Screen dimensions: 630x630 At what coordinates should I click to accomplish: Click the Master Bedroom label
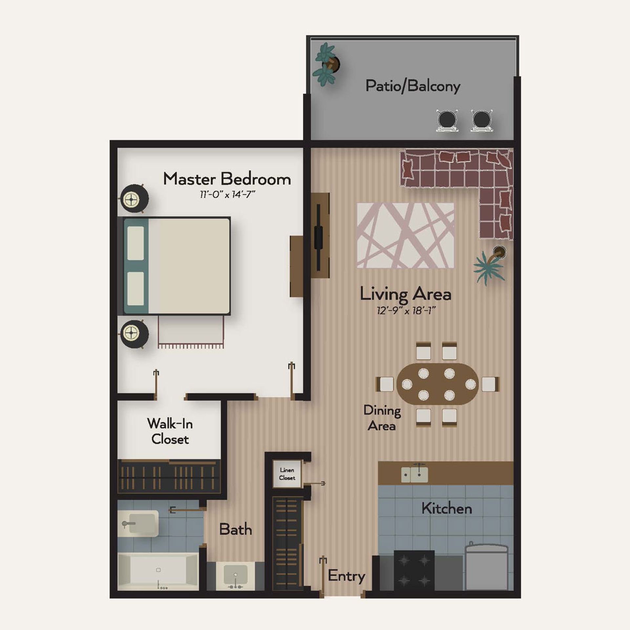(x=227, y=179)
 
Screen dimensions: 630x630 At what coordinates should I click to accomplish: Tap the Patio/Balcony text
(x=413, y=86)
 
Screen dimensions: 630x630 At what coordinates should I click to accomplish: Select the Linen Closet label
(x=287, y=474)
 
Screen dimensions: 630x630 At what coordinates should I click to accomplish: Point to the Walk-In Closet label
(x=170, y=431)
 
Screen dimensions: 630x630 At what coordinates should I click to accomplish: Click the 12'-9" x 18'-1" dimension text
(x=406, y=310)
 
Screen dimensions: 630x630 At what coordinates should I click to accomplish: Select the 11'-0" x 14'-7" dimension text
(x=227, y=195)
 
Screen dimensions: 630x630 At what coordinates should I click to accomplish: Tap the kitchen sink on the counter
(x=415, y=474)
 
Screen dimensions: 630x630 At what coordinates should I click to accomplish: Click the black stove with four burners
(x=414, y=571)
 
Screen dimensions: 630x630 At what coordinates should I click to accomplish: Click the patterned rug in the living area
(x=406, y=235)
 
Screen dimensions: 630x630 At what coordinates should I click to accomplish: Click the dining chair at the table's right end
(x=490, y=384)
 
